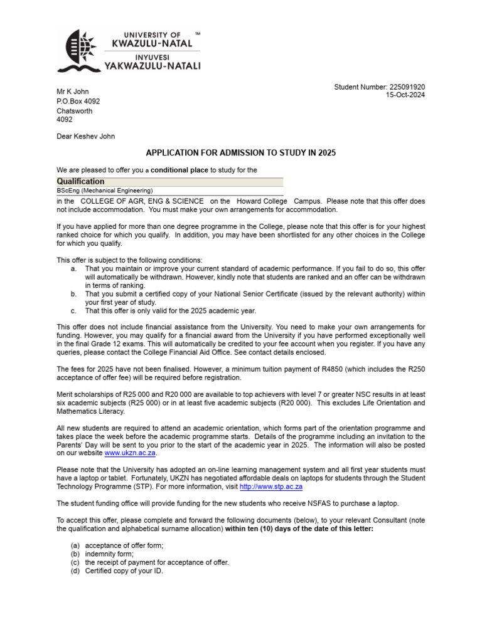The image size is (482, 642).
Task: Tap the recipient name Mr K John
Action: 73,92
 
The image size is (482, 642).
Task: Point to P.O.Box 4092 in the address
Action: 78,101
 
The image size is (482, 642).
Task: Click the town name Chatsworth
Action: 75,111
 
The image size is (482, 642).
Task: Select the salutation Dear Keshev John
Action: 86,136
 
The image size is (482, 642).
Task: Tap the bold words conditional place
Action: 179,170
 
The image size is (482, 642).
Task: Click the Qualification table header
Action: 81,182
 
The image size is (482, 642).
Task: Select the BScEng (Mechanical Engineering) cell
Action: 105,191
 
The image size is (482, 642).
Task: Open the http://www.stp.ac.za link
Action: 271,487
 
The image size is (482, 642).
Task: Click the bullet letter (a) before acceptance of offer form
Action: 75,545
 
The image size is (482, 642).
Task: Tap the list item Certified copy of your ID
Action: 124,571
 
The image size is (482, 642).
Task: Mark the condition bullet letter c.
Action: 73,311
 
